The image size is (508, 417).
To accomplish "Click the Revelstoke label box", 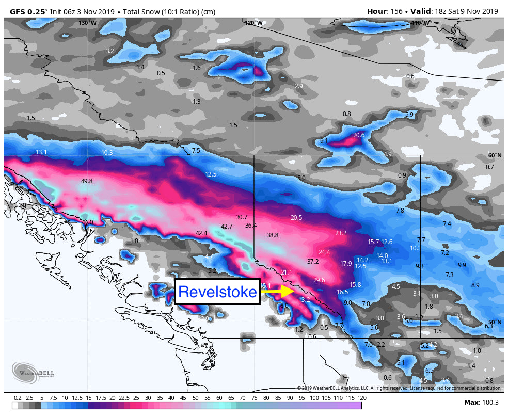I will pyautogui.click(x=217, y=292).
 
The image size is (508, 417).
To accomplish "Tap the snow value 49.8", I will pyautogui.click(x=87, y=181).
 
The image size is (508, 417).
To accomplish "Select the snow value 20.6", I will pyautogui.click(x=359, y=135).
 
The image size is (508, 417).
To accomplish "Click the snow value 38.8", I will pyautogui.click(x=273, y=235).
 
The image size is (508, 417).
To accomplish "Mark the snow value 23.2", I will pyautogui.click(x=341, y=233).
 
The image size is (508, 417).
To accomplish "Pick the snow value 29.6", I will pyautogui.click(x=319, y=280).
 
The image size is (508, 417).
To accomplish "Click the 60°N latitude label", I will pyautogui.click(x=495, y=156).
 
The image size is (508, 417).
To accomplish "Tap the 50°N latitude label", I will pyautogui.click(x=495, y=322).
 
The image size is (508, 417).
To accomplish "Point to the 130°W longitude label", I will pyautogui.click(x=87, y=23).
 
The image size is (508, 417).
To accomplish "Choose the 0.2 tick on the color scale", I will pyautogui.click(x=18, y=398).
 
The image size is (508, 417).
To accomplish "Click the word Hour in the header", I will pyautogui.click(x=377, y=11).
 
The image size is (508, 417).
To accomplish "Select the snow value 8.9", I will pyautogui.click(x=475, y=285).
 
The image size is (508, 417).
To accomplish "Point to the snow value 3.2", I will pyautogui.click(x=109, y=51).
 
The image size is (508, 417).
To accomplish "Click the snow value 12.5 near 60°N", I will pyautogui.click(x=211, y=174).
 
